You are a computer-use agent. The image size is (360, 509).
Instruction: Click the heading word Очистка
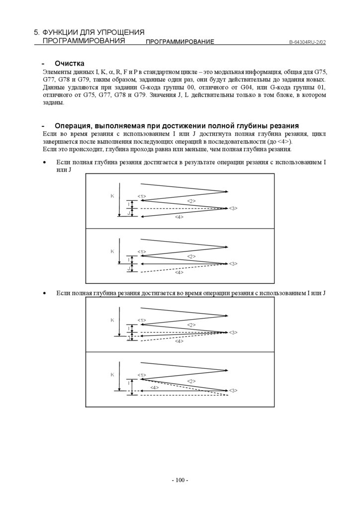[70, 64]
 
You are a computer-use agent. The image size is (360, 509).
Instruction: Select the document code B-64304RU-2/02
[307, 42]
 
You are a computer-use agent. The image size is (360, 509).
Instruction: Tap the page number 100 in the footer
[180, 480]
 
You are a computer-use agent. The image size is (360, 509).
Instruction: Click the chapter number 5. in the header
[37, 32]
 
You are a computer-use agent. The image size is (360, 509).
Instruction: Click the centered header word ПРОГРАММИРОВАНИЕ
[180, 42]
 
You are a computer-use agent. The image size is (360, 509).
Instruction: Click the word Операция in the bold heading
[74, 126]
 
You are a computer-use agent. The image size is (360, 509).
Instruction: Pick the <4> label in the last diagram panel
[155, 387]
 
